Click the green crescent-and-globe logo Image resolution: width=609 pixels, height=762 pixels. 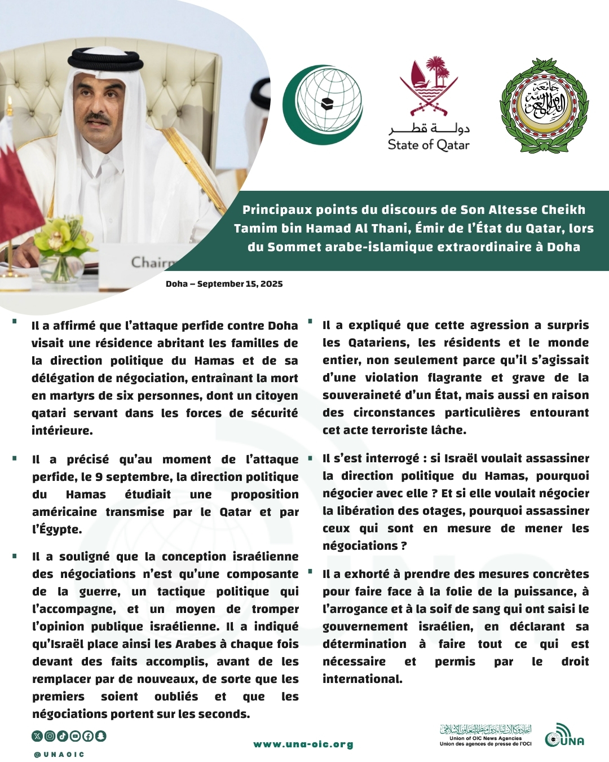322,105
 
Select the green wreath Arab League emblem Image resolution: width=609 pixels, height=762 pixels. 544,106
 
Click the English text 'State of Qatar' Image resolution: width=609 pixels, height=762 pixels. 429,145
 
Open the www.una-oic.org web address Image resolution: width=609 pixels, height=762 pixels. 303,745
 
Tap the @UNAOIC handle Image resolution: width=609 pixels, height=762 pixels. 59,754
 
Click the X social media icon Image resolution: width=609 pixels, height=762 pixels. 37,736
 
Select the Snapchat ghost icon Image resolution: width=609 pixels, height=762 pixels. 101,736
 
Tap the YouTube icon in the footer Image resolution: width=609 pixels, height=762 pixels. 76,736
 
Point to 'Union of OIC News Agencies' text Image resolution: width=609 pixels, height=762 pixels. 486,738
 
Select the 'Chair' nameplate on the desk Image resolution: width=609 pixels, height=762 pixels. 152,262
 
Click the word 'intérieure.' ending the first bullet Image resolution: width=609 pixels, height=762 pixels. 62,431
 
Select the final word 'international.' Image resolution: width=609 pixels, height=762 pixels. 362,679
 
